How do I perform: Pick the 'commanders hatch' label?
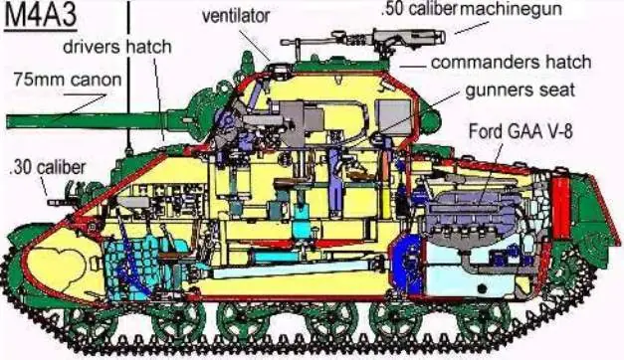[x=511, y=62]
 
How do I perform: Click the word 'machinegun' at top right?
[x=504, y=9]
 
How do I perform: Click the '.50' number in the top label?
[x=393, y=9]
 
